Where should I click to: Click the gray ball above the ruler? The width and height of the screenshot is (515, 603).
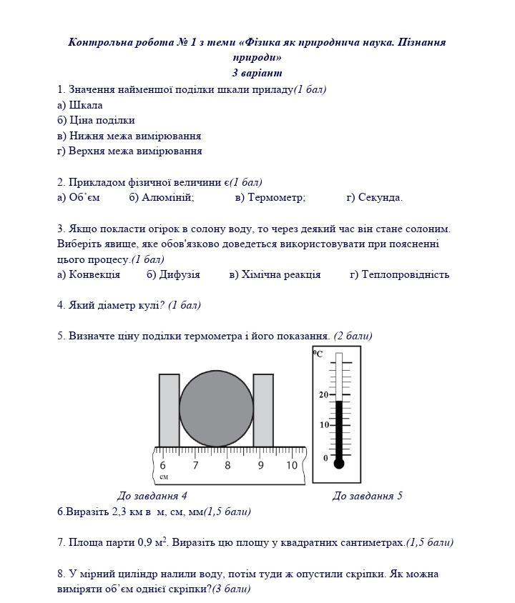point(216,409)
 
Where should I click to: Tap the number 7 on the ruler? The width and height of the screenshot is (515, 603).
point(195,466)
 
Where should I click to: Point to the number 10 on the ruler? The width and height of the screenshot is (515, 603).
point(291,466)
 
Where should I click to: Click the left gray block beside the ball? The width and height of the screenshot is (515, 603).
point(169,410)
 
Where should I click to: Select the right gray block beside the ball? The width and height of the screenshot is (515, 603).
point(263,410)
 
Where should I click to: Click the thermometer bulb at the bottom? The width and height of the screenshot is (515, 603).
point(339,464)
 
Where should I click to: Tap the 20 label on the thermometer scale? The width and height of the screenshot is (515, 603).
point(323,395)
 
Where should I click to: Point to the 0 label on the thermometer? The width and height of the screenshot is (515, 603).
point(325,458)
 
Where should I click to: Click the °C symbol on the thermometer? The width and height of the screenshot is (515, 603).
point(318,354)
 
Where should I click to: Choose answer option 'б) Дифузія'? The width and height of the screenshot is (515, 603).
point(173,274)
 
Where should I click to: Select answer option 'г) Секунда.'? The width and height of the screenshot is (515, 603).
point(374,198)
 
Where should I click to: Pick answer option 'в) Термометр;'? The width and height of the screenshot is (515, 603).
point(270,198)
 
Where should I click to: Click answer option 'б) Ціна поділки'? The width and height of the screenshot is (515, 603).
point(96,120)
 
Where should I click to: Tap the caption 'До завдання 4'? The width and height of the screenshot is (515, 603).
point(152,496)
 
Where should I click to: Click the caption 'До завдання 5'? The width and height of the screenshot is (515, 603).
point(367,496)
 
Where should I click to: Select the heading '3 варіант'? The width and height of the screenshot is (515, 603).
point(257,73)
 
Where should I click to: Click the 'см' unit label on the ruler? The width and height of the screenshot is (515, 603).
point(164,477)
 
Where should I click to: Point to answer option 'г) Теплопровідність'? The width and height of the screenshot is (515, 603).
point(399,274)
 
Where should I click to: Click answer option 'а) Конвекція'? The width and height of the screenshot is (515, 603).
point(89,274)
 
